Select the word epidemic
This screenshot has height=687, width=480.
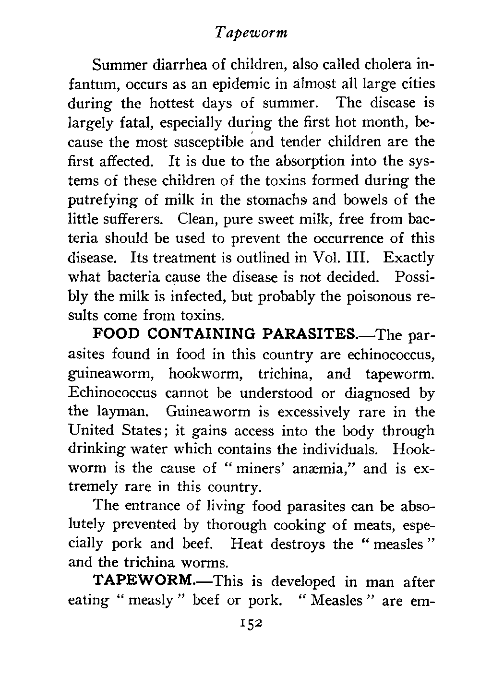point(232,84)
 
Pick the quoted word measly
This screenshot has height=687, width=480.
point(152,600)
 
